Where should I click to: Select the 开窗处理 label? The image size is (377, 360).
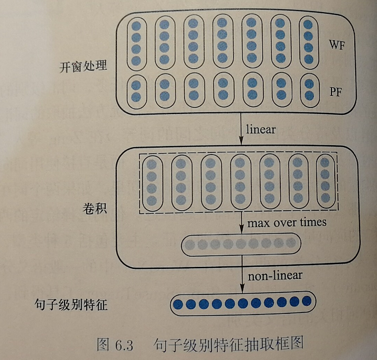pyautogui.click(x=84, y=67)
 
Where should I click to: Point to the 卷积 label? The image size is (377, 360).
pyautogui.click(x=95, y=208)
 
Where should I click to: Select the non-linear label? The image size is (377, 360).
pyautogui.click(x=275, y=275)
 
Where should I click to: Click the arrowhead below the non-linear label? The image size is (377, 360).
pyautogui.click(x=242, y=288)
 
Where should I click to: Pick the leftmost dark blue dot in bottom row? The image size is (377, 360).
pyautogui.click(x=178, y=304)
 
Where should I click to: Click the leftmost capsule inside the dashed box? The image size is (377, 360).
pyautogui.click(x=152, y=183)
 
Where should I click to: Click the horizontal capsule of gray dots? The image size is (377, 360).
pyautogui.click(x=241, y=244)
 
